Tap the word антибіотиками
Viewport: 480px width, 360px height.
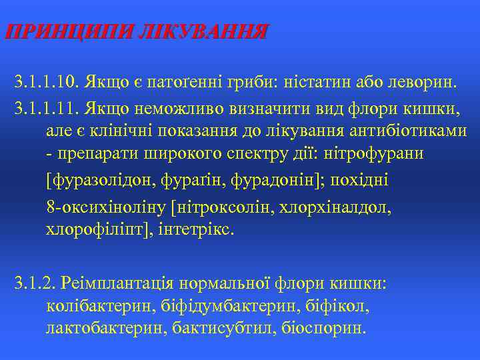413,130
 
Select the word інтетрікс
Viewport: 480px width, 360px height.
205,231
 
